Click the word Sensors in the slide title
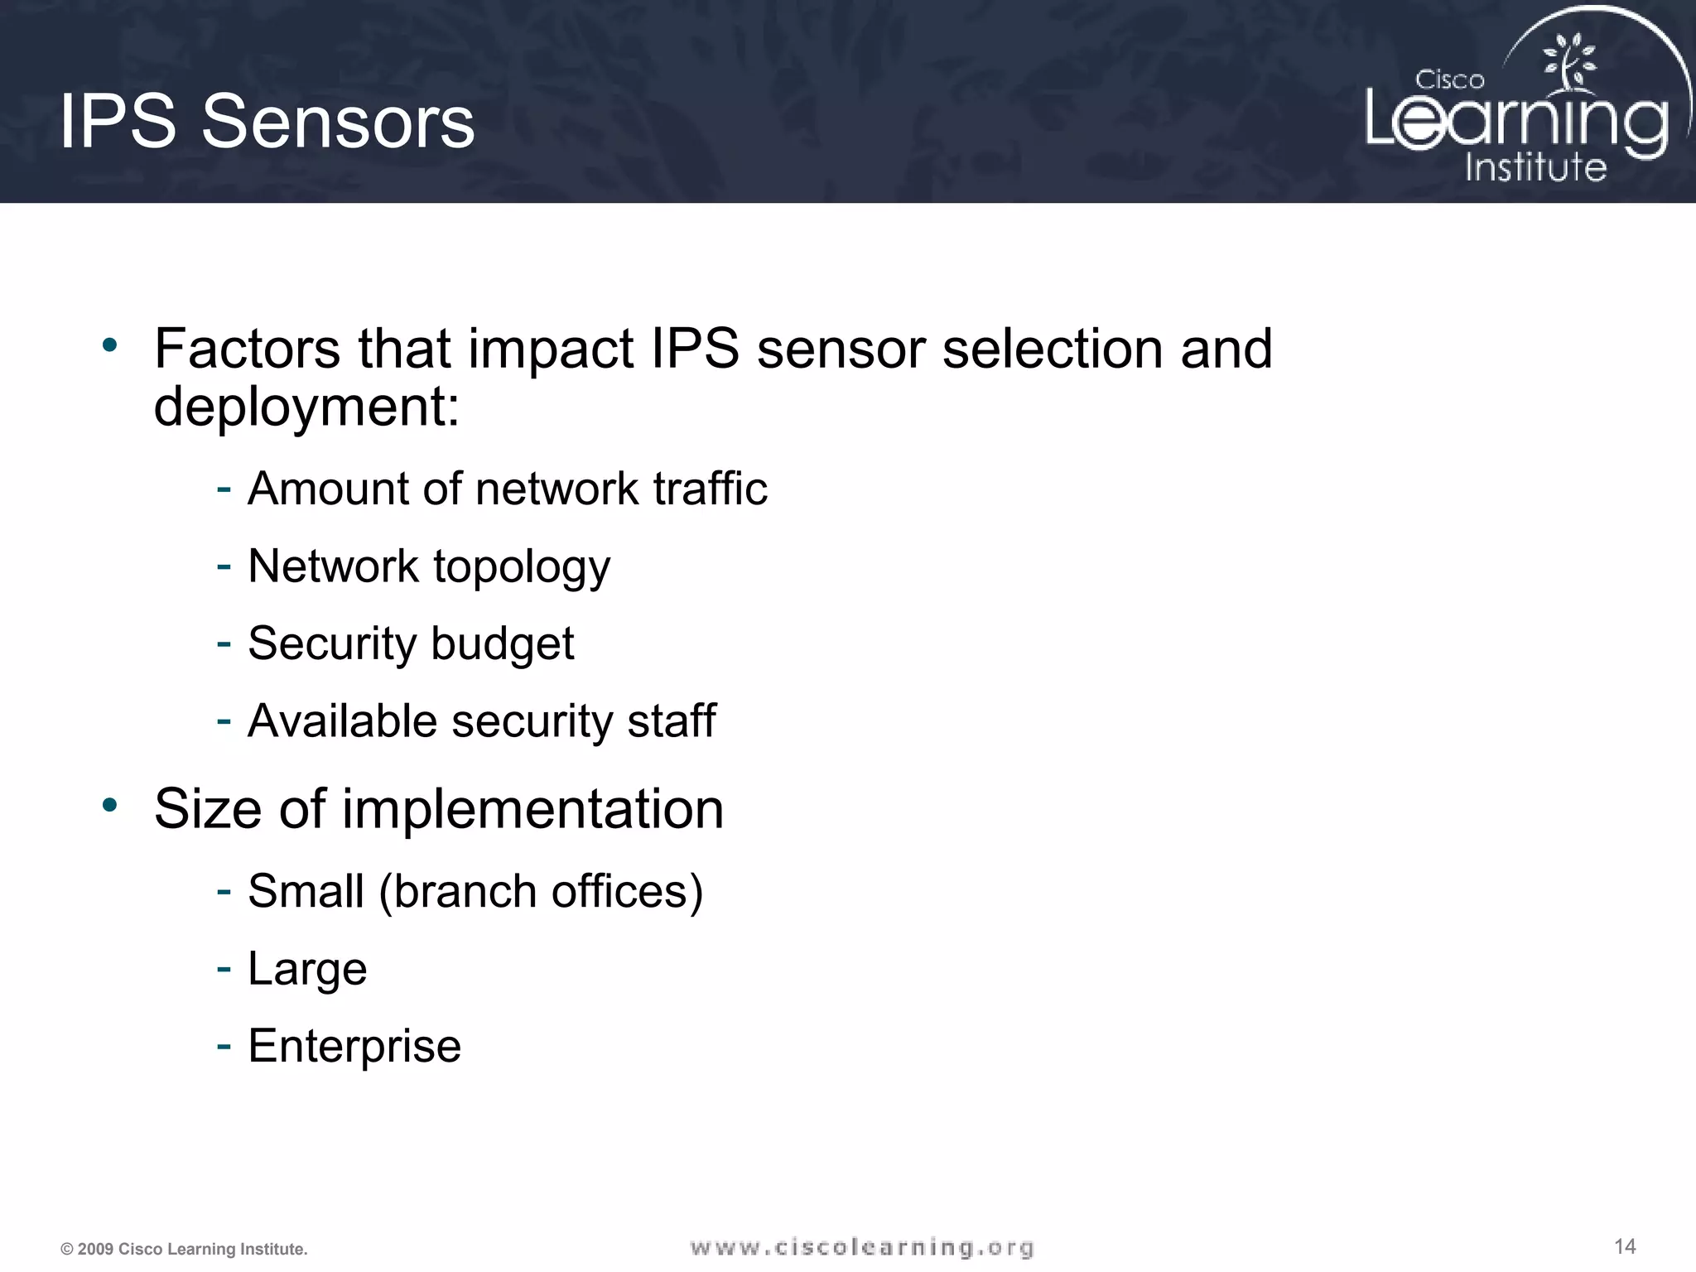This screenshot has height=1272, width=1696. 338,122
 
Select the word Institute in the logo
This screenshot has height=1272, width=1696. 1535,167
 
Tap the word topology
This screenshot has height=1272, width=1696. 522,568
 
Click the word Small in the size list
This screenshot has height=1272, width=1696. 306,891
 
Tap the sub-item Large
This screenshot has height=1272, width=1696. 307,969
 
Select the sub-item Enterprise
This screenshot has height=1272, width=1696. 354,1046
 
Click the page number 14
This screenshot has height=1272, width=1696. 1625,1246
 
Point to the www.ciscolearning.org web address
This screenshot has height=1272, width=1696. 862,1247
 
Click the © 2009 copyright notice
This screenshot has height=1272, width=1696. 184,1249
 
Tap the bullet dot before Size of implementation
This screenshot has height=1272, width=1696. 110,804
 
